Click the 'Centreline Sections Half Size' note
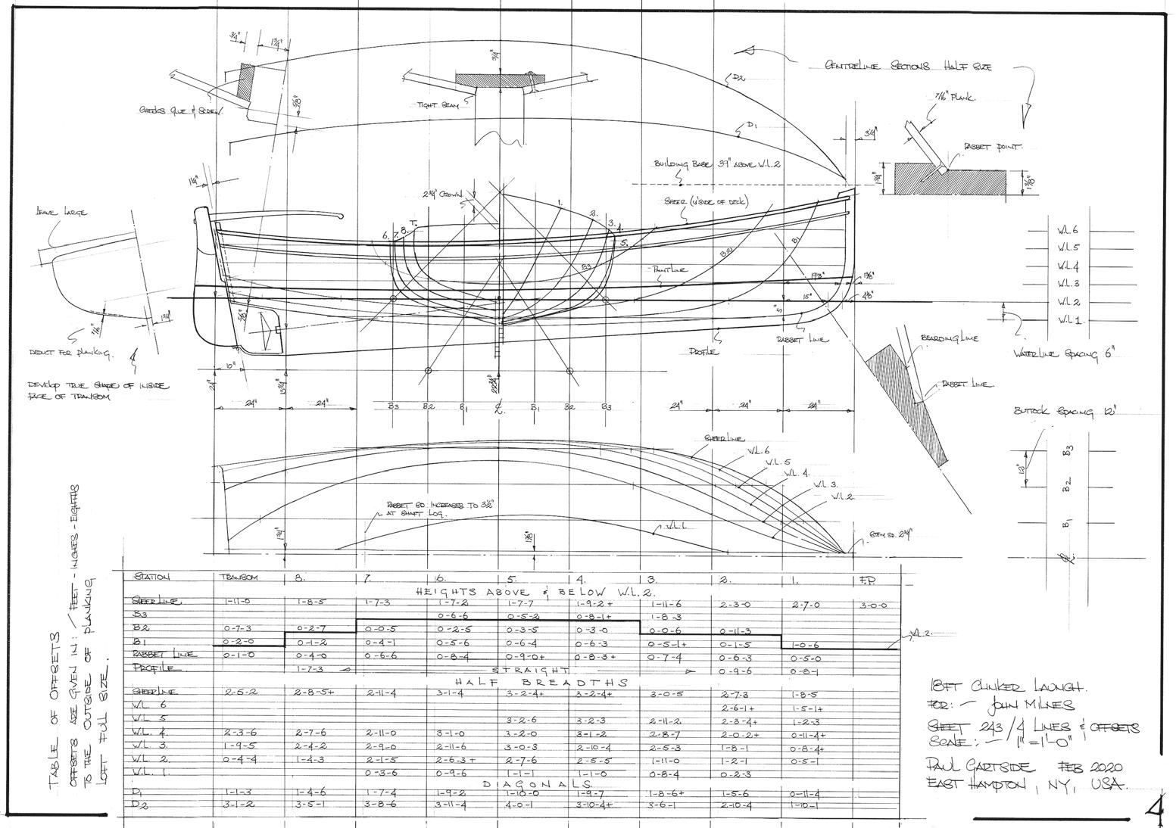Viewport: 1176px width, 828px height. (907, 67)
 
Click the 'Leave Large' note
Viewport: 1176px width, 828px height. (61, 213)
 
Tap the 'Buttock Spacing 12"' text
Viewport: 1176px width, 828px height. (1065, 412)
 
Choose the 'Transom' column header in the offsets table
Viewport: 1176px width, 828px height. (239, 577)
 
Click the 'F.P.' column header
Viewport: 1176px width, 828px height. (869, 581)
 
